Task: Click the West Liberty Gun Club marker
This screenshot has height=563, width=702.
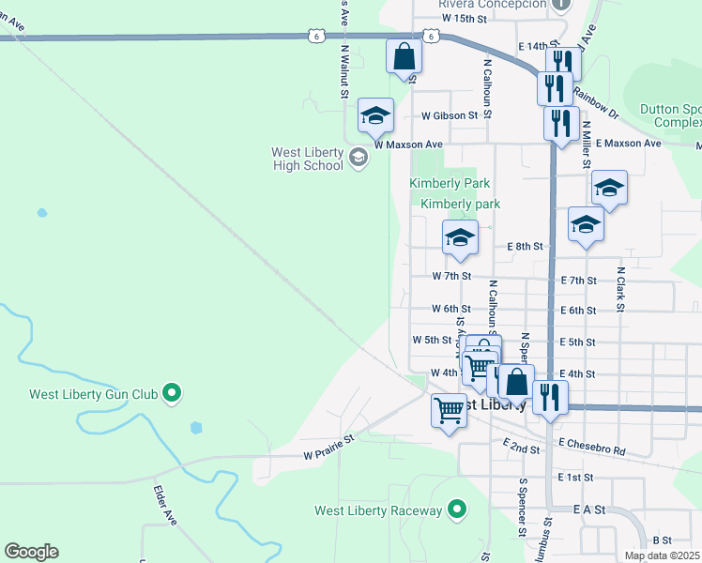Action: point(172,392)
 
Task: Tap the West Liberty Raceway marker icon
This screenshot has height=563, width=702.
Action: point(457,510)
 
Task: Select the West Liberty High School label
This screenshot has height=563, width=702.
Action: point(307,159)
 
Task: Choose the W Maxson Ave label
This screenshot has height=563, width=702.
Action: point(408,145)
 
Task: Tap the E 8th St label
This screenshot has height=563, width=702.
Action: point(525,246)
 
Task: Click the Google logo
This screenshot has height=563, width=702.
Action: point(31,552)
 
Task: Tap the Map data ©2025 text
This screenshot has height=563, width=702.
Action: point(661,555)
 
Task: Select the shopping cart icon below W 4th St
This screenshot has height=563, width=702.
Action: point(449,410)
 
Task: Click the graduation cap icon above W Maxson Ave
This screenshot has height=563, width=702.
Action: point(375,116)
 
